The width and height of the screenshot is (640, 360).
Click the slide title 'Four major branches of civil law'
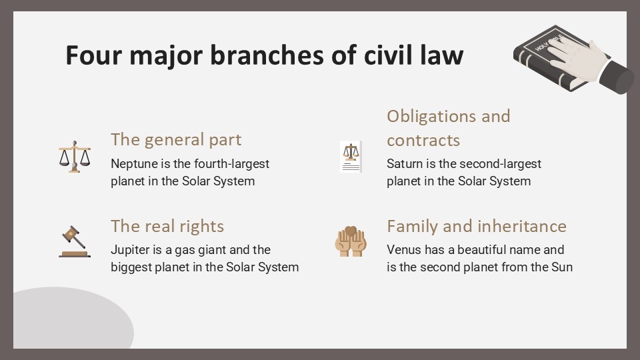(264, 55)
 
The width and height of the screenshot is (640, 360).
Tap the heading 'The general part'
(176, 139)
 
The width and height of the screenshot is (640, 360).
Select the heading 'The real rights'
(167, 226)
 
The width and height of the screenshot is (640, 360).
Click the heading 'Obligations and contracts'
(448, 128)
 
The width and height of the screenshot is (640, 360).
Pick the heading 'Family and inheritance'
(476, 226)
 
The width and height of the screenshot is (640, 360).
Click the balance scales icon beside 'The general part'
(74, 157)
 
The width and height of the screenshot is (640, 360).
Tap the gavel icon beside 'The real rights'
(73, 241)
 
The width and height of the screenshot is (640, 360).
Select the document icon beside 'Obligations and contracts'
(351, 157)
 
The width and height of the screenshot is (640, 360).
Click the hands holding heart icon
(351, 241)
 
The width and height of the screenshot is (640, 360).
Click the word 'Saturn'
(405, 164)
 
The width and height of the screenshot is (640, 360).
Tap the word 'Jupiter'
(130, 250)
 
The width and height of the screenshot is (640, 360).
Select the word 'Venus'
(403, 250)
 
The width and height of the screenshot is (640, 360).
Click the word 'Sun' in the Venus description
(562, 268)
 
